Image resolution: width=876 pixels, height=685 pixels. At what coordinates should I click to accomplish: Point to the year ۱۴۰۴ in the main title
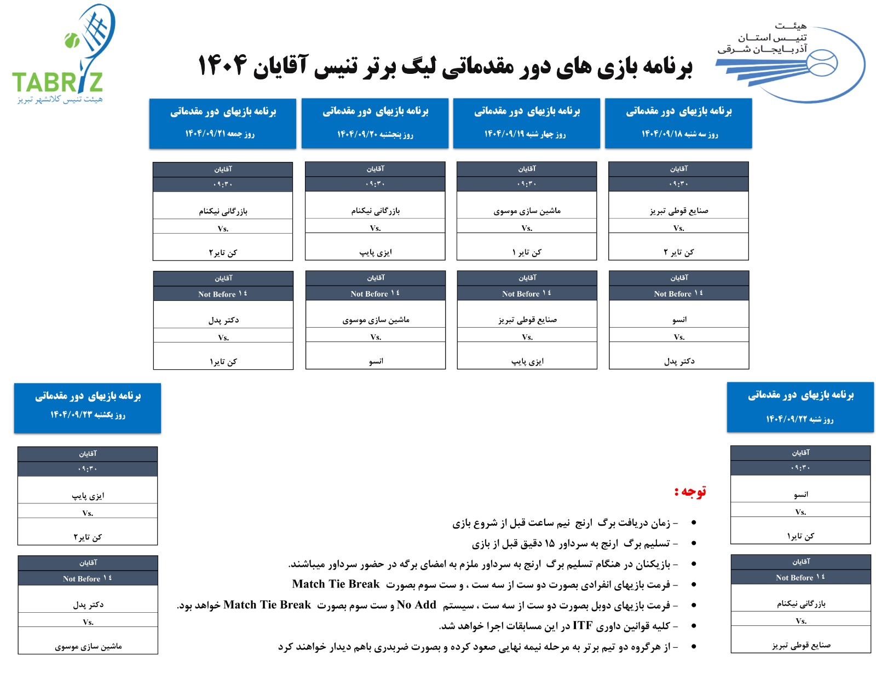[222, 66]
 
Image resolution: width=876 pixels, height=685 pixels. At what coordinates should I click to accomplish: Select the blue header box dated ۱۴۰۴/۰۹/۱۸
[678, 123]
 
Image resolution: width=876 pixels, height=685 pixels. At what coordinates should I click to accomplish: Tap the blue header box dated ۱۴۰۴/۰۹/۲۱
[223, 123]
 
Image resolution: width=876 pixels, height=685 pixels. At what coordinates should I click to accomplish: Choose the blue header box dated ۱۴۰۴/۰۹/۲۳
[88, 408]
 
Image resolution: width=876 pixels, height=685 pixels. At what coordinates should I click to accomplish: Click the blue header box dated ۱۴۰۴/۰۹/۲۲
[800, 407]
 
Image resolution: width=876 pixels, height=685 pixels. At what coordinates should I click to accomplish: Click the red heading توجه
[691, 491]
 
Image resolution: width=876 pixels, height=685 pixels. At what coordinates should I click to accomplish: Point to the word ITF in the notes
[583, 625]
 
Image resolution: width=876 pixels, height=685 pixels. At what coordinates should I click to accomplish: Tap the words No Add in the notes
[417, 605]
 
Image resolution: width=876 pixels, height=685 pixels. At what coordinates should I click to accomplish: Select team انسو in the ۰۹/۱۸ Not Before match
[679, 320]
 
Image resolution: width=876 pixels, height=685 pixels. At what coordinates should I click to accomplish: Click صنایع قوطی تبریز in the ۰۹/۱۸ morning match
[679, 211]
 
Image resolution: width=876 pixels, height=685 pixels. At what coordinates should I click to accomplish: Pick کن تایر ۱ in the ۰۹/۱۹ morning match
[527, 252]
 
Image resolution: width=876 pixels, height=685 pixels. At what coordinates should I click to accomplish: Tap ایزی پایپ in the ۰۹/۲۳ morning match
[88, 496]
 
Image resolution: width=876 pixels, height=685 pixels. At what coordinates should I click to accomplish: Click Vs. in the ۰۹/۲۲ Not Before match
[801, 621]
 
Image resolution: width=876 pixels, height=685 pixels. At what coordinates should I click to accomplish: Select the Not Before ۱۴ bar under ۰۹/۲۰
[376, 294]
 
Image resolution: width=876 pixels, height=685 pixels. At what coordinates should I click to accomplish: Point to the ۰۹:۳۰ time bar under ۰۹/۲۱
[223, 184]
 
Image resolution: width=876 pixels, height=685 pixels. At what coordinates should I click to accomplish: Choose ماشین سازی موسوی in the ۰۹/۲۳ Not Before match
[88, 646]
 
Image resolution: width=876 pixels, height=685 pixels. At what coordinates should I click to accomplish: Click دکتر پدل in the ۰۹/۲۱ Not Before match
[223, 320]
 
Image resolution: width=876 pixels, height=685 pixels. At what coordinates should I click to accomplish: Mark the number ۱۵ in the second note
[550, 543]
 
